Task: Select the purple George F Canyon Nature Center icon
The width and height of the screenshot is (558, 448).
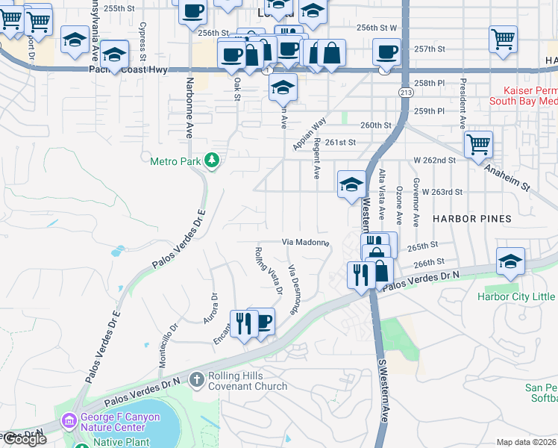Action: point(69,422)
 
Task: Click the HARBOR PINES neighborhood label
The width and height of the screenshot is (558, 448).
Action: point(473,219)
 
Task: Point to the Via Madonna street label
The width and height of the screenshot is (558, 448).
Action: point(305,242)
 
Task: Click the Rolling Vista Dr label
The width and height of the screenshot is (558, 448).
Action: point(269,270)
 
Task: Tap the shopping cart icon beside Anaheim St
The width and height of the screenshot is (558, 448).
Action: point(478,144)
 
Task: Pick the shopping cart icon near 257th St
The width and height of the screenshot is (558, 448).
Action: point(504,38)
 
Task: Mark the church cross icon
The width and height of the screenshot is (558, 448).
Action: point(197,380)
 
